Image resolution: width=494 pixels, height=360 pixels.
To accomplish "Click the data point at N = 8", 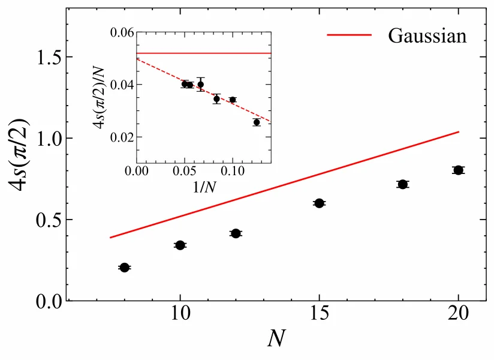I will click(x=124, y=267).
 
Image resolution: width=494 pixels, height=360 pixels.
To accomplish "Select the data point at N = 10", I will click(x=180, y=245).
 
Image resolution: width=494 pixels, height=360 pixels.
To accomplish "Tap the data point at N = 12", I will click(x=236, y=233).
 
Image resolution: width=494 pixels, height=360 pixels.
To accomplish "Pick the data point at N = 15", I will click(x=319, y=203).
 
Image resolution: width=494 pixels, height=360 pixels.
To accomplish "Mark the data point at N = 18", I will click(x=402, y=184).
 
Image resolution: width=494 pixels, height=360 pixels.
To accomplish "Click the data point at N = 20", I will click(x=458, y=170).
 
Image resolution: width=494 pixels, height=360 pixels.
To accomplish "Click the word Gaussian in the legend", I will click(x=427, y=35).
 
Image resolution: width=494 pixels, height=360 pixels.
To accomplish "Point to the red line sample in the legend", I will click(x=350, y=35).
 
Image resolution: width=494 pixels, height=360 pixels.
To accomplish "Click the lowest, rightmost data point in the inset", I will click(x=257, y=122).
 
